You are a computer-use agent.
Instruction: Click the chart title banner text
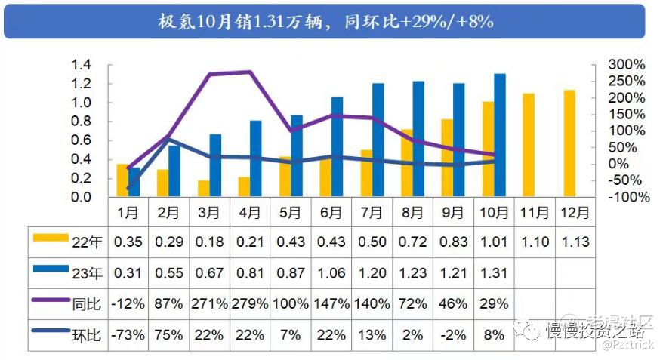click(x=325, y=21)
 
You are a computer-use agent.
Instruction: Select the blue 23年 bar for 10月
click(x=500, y=136)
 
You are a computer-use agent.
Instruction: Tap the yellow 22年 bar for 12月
click(x=569, y=143)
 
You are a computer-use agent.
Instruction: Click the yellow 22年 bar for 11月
click(x=529, y=145)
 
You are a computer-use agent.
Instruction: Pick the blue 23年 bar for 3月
click(x=215, y=166)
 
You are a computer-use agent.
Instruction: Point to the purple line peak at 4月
click(x=250, y=72)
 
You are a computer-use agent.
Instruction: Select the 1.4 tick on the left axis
click(x=81, y=65)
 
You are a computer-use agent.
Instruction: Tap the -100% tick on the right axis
click(x=628, y=197)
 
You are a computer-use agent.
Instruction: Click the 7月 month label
click(x=372, y=214)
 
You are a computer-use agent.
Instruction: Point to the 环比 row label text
click(x=86, y=334)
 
